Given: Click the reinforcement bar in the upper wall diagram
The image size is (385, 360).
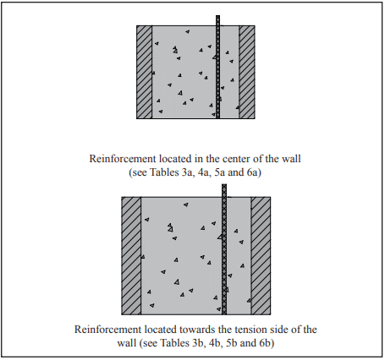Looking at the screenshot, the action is [217, 67].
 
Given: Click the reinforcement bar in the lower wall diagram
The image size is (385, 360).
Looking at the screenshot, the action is [224, 249].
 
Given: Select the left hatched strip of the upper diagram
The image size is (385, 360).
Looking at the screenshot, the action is [145, 72].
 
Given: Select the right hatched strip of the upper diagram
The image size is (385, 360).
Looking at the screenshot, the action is [247, 72].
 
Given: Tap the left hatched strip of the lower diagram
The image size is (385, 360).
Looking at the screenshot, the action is [131, 256].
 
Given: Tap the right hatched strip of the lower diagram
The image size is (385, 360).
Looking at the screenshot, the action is [261, 256].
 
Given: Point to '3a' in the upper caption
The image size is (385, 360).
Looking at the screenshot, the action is [187, 172].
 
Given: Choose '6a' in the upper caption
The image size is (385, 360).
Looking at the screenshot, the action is [252, 172].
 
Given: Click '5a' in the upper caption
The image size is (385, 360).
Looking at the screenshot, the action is [220, 172].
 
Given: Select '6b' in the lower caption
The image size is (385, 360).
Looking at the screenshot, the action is [265, 343].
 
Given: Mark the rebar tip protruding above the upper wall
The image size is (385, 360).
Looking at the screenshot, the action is [217, 16].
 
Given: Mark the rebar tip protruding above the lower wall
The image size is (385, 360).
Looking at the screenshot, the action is [224, 184].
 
